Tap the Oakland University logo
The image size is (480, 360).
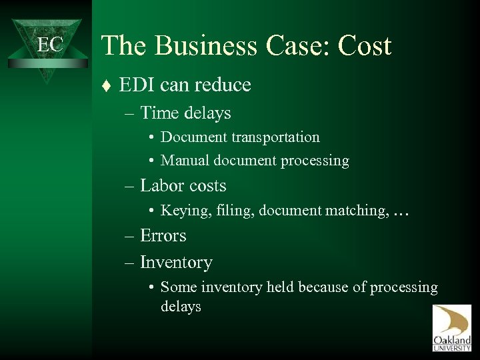451,327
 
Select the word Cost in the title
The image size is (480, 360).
365,46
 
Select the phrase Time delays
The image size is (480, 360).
185,113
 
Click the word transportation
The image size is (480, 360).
275,137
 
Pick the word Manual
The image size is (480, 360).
183,161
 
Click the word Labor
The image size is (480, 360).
163,186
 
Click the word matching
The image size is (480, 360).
354,211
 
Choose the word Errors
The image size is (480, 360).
163,235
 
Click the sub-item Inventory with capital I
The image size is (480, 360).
176,263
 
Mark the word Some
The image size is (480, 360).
177,287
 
